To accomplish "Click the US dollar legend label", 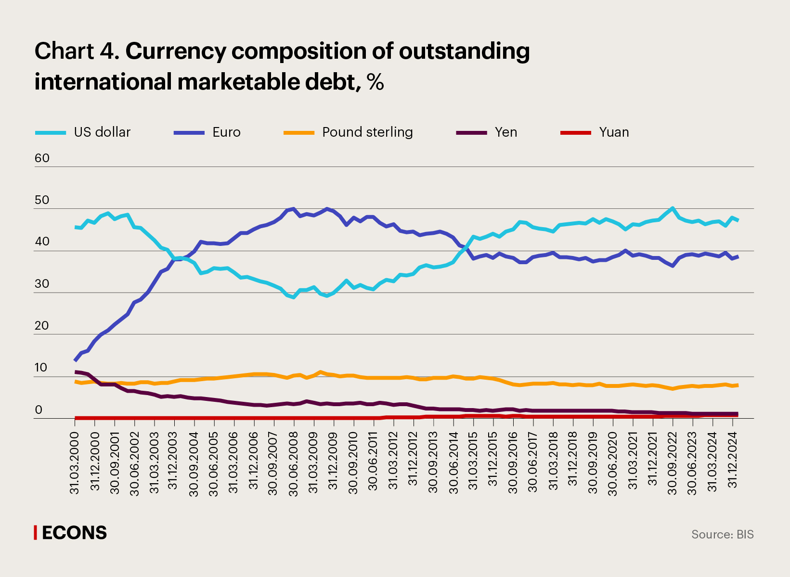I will (102, 132).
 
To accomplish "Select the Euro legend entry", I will (226, 132).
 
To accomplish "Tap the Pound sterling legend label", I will (367, 132).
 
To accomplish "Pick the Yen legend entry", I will (505, 132).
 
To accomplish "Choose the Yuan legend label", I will (614, 132).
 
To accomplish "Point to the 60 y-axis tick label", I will (42, 158).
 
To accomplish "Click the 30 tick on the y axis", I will (42, 284).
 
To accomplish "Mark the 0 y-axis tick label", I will (39, 410).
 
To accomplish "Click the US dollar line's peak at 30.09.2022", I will (673, 208).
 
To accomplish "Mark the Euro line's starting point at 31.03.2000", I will (75, 360).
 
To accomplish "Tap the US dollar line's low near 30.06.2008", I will (294, 297).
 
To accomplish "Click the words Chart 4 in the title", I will (76, 51).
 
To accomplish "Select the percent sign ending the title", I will (375, 82).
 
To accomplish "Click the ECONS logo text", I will (74, 533).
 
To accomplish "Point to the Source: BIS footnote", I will (722, 534).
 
